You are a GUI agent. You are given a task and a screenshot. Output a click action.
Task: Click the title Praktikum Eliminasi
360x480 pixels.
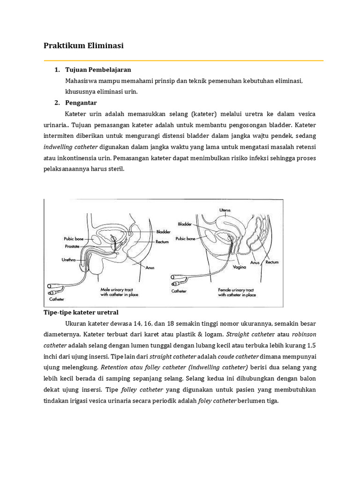tap(83, 46)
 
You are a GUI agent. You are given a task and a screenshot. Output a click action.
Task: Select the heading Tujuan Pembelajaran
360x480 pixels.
tap(95, 70)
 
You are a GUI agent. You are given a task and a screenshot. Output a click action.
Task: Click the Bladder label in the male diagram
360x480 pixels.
tap(164, 232)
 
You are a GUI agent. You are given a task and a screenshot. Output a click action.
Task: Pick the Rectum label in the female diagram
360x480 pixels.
tap(272, 262)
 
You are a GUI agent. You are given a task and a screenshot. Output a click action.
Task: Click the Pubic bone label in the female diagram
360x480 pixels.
tap(185, 238)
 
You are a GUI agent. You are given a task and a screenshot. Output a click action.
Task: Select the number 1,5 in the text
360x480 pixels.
tap(311, 346)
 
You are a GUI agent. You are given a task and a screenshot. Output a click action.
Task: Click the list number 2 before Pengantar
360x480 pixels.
tap(57, 103)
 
